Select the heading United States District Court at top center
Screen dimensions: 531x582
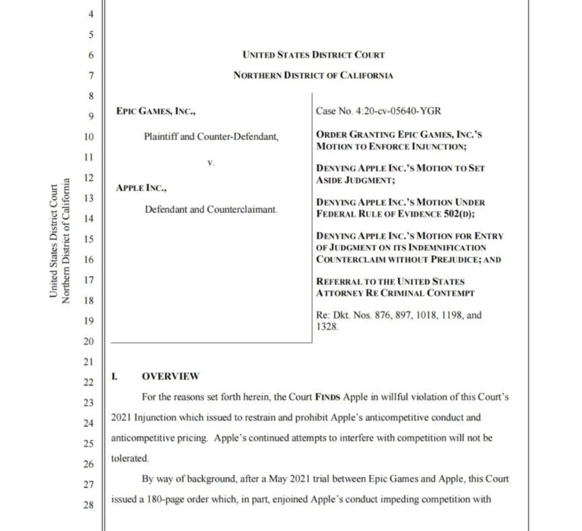click(313, 55)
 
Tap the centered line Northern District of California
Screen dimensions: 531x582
click(313, 75)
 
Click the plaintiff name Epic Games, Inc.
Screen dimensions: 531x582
click(156, 112)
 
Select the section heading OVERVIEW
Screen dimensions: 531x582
click(170, 376)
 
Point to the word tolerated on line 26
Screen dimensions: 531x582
click(130, 458)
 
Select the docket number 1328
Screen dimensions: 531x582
click(327, 326)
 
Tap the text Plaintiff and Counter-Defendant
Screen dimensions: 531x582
click(211, 137)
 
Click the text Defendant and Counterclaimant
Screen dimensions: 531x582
click(211, 210)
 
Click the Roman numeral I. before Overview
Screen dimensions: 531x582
click(115, 376)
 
